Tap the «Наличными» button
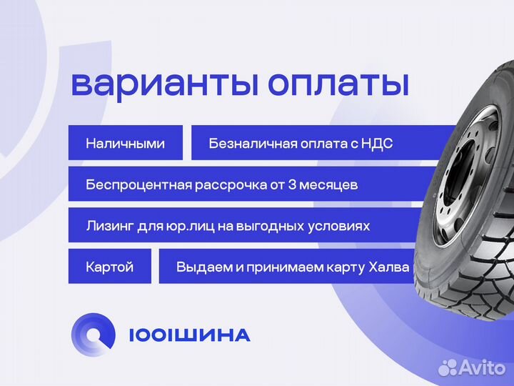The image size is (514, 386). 125,143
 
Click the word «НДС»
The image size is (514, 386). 378,144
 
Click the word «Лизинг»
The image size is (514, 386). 108,226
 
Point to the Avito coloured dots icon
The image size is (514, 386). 448,367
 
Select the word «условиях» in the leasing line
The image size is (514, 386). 344,227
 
